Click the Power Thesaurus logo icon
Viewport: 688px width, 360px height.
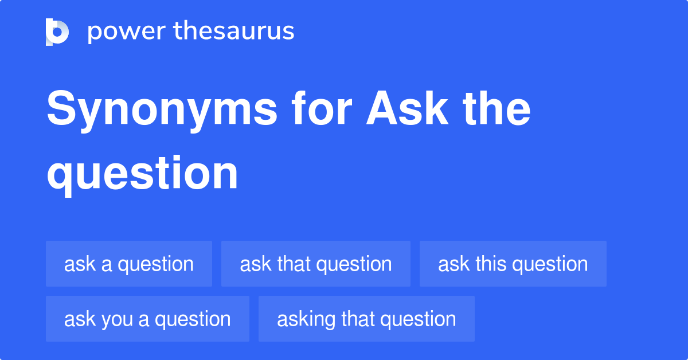57,32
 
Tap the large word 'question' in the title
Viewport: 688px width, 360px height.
142,173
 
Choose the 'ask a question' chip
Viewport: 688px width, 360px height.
129,264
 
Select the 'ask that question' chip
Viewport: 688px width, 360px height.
316,264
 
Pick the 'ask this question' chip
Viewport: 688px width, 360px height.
513,264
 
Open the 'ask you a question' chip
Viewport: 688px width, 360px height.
147,319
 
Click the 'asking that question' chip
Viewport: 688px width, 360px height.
366,319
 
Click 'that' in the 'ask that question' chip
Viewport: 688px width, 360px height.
294,264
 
